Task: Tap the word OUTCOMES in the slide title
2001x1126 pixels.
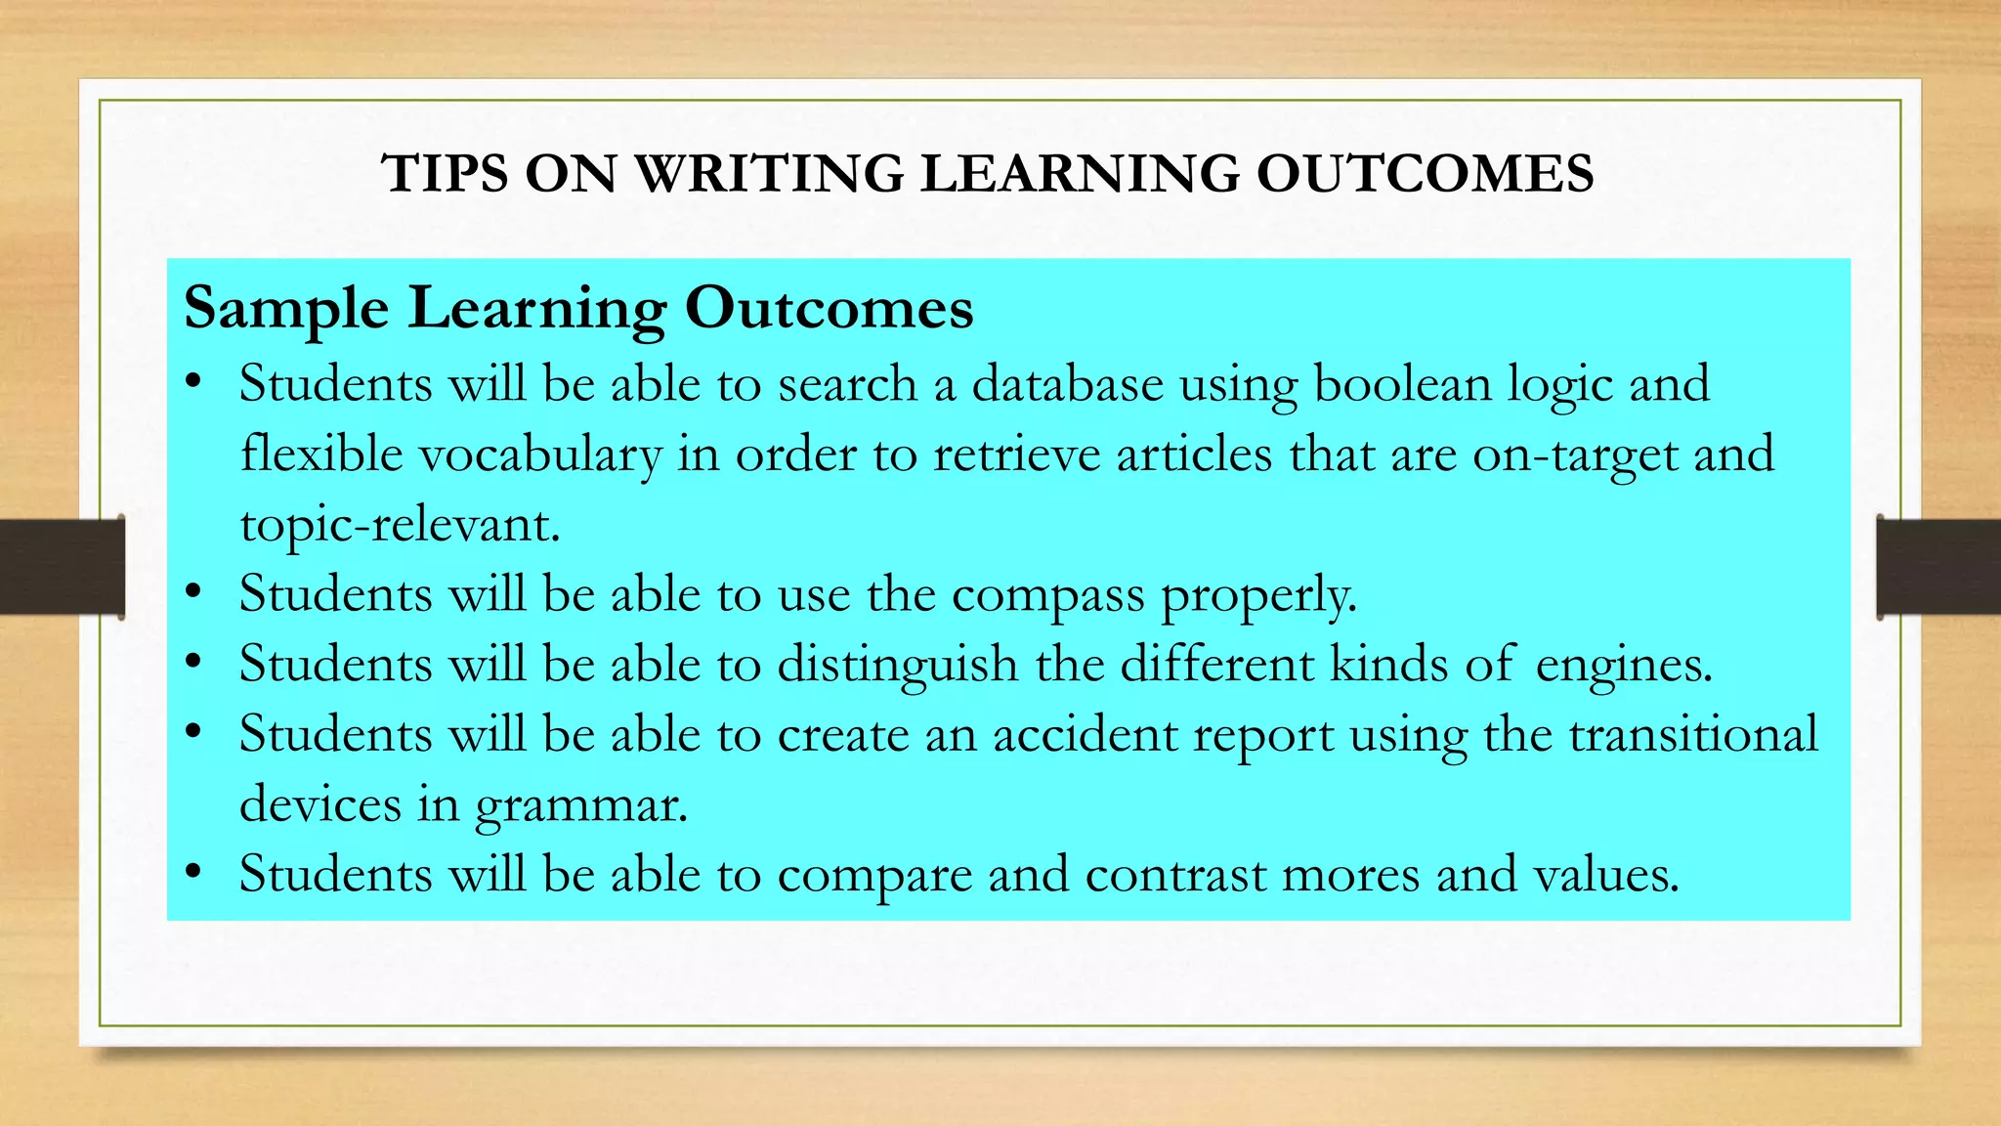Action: (1425, 174)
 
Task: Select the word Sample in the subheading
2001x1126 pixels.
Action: (286, 309)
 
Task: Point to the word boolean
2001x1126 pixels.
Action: (1402, 383)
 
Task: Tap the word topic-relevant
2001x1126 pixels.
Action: (400, 525)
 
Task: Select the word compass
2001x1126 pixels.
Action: (1047, 595)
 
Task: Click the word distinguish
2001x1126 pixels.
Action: (898, 665)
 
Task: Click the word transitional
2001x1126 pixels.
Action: (1693, 735)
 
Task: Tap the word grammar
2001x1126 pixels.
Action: (581, 805)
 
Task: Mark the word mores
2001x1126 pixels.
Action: (1350, 875)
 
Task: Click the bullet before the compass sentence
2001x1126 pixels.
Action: (193, 591)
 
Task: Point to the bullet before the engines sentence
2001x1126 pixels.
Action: (193, 662)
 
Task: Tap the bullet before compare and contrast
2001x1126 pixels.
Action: (193, 871)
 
